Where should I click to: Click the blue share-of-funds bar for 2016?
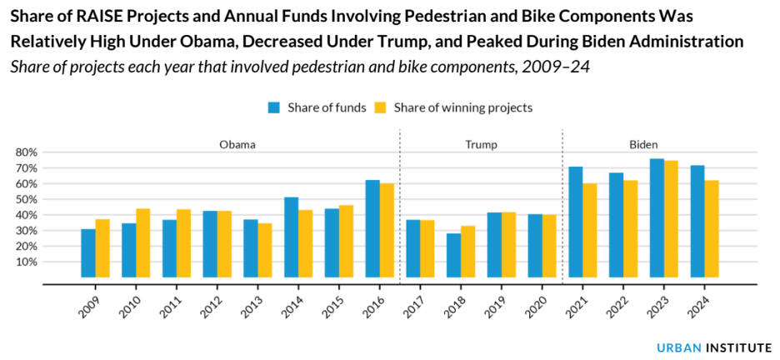tap(372, 228)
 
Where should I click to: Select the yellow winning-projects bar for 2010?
tap(142, 242)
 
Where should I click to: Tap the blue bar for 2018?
tap(453, 255)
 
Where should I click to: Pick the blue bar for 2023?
tap(657, 217)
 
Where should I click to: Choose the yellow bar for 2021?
tap(589, 230)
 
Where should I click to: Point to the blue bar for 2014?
tap(291, 237)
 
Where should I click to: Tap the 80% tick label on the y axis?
tap(27, 152)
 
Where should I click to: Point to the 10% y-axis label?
tap(27, 262)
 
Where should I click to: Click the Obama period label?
tap(237, 144)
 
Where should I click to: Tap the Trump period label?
tap(481, 144)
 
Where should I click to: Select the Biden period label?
tap(643, 144)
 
